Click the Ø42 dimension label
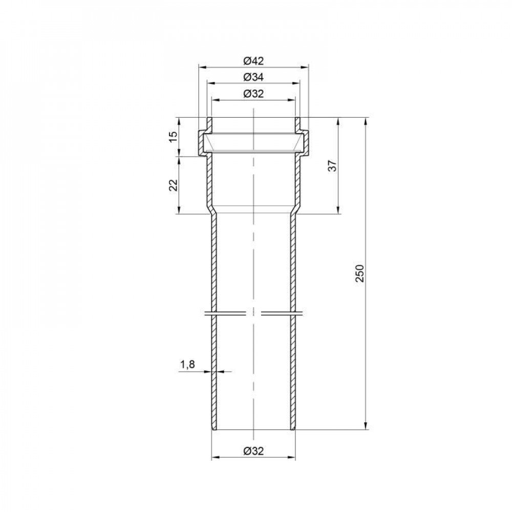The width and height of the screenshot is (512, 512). pyautogui.click(x=253, y=61)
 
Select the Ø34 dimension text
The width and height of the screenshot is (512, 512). pyautogui.click(x=253, y=77)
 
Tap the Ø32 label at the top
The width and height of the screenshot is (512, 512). pyautogui.click(x=253, y=94)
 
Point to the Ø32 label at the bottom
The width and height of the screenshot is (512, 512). pyautogui.click(x=253, y=451)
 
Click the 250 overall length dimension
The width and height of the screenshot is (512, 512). pyautogui.click(x=359, y=273)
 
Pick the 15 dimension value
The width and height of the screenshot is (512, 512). pyautogui.click(x=174, y=136)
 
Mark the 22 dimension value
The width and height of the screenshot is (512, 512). pyautogui.click(x=174, y=185)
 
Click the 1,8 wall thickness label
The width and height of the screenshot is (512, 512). pyautogui.click(x=188, y=365)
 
